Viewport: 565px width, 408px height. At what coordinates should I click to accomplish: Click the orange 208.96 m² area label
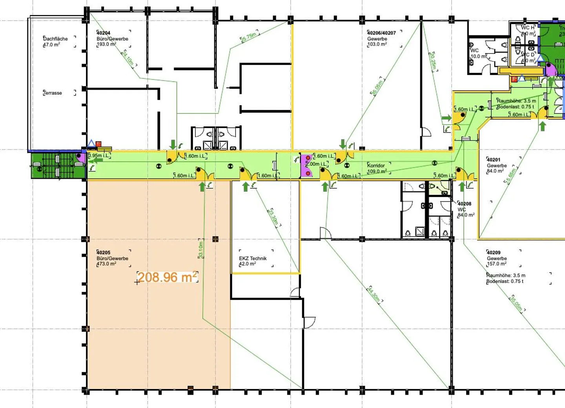tap(167, 277)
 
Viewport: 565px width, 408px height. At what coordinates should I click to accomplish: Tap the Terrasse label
tap(53, 93)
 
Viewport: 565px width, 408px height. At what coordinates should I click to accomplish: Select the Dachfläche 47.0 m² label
tap(55, 42)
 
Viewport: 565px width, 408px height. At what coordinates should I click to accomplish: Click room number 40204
tap(103, 33)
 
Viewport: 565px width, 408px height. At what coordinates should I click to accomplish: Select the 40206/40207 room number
tap(381, 33)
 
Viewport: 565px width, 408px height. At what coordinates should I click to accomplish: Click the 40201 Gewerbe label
tap(496, 165)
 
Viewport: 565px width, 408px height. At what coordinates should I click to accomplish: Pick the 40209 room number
tap(494, 252)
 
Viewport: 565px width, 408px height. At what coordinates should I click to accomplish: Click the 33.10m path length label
tap(201, 250)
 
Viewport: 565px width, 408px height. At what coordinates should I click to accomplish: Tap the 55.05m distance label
tap(377, 87)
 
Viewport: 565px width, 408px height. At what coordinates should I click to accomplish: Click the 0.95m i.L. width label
tap(99, 156)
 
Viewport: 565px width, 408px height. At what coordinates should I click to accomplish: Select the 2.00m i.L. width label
tap(317, 164)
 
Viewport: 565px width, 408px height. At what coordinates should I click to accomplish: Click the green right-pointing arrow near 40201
tap(447, 118)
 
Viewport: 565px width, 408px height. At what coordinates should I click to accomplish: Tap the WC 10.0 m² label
tap(478, 53)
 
